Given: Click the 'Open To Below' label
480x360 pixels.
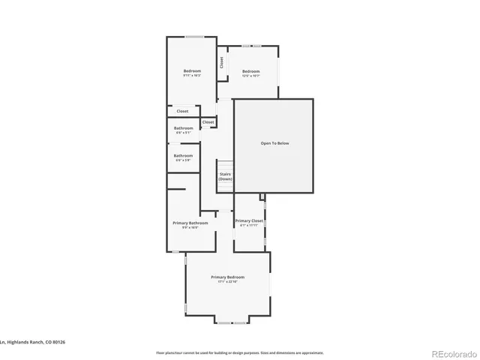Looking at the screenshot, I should click(274, 143).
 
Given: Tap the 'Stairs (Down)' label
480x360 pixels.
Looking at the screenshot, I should click(225, 176).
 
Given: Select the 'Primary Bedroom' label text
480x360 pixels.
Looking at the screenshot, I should click(227, 277).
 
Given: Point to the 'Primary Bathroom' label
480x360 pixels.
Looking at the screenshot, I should click(190, 223).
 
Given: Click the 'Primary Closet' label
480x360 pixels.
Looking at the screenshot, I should click(249, 220).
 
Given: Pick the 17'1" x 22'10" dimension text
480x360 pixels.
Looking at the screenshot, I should click(227, 283).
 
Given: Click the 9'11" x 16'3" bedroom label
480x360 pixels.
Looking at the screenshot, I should click(192, 76).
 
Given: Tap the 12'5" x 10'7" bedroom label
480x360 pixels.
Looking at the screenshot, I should click(250, 76).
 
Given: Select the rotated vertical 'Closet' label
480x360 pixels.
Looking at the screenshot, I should click(222, 63).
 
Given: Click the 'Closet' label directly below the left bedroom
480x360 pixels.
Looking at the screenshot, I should click(182, 111).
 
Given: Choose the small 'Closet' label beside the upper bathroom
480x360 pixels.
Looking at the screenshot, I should click(208, 122).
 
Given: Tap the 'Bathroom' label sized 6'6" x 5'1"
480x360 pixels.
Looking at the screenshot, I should click(184, 130).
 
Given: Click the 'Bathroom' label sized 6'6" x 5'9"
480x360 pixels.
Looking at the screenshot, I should click(184, 157).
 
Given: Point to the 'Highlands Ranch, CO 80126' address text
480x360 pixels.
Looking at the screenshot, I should click(34, 342).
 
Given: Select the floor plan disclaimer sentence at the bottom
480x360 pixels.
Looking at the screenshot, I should click(240, 352).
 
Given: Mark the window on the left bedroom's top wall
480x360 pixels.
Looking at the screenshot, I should click(195, 36).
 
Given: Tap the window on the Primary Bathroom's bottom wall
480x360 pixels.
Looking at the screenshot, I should click(175, 253).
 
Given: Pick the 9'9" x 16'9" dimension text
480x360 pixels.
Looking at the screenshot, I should click(190, 228).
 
